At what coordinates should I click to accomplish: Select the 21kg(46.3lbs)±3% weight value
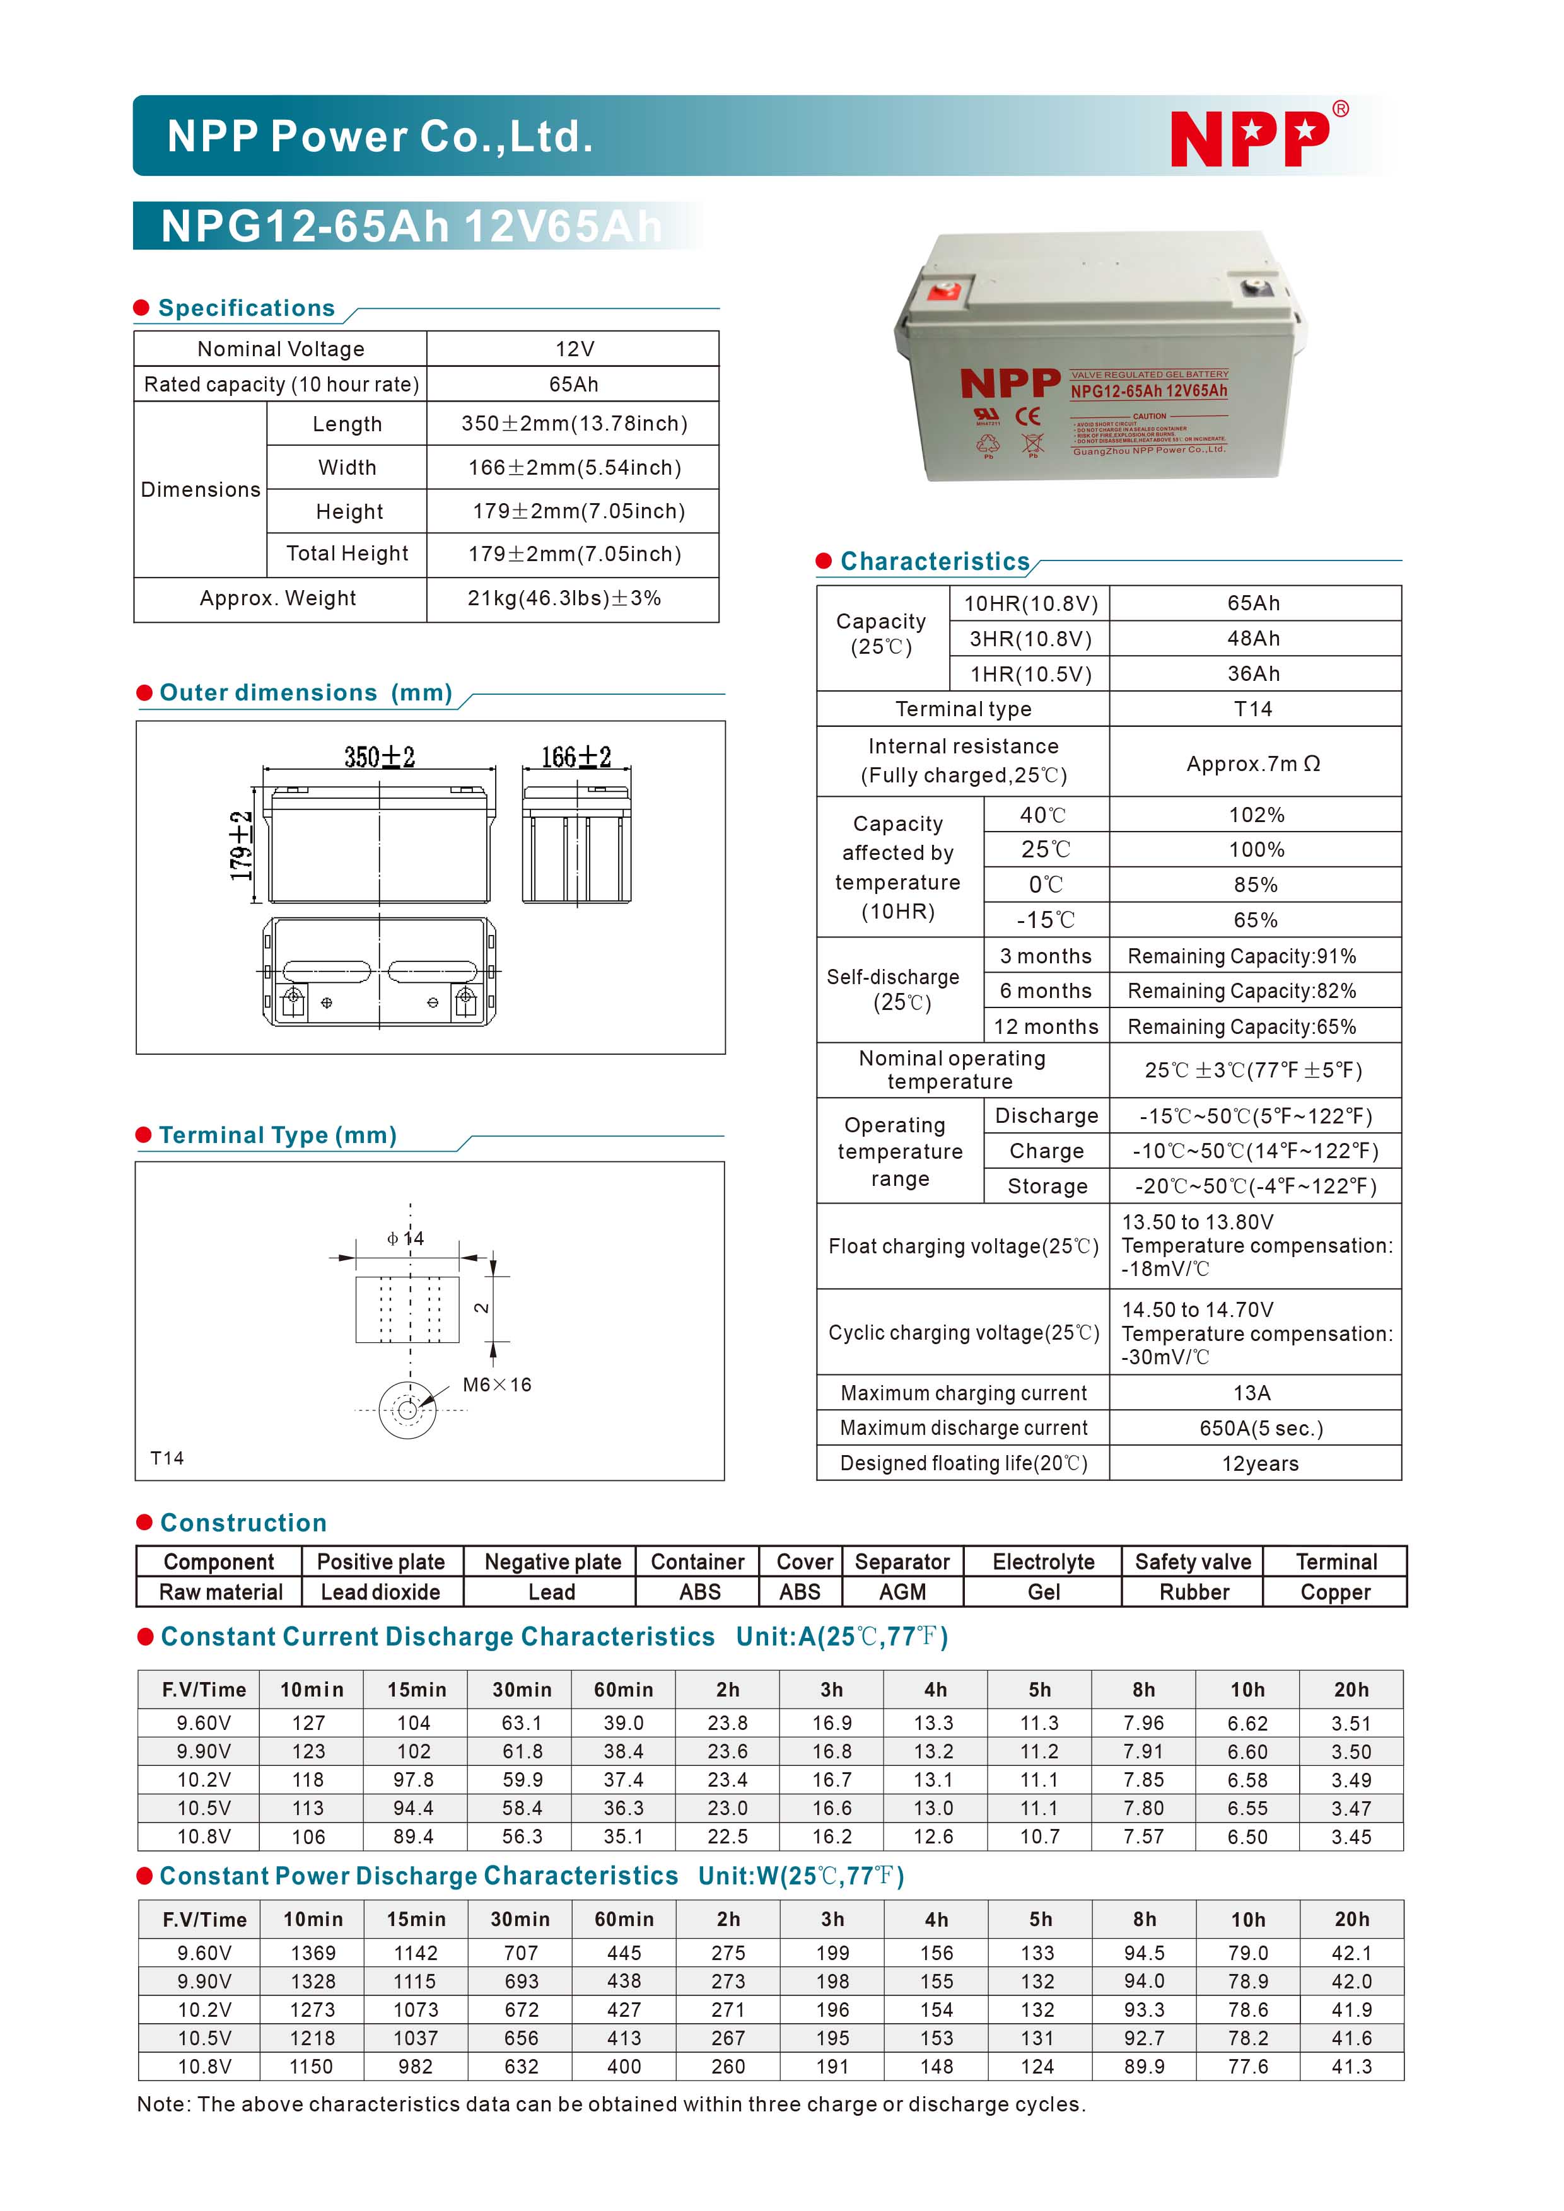(x=564, y=598)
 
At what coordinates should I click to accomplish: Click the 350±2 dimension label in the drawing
(x=380, y=757)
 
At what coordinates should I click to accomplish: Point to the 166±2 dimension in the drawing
(x=576, y=757)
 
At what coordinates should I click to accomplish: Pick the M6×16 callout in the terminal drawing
(x=497, y=1384)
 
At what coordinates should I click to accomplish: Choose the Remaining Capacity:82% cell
(x=1241, y=991)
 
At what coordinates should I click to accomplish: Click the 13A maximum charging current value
(x=1252, y=1393)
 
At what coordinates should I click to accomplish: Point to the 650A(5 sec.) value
(x=1261, y=1428)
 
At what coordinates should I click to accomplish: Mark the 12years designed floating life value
(x=1259, y=1464)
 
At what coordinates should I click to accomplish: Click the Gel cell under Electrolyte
(x=1043, y=1592)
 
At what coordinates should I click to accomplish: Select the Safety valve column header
(x=1193, y=1562)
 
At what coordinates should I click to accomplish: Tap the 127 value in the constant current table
(x=308, y=1723)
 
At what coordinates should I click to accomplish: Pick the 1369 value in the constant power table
(x=313, y=1953)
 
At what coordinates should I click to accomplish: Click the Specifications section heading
(x=247, y=308)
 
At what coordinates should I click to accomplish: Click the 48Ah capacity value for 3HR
(x=1253, y=639)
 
